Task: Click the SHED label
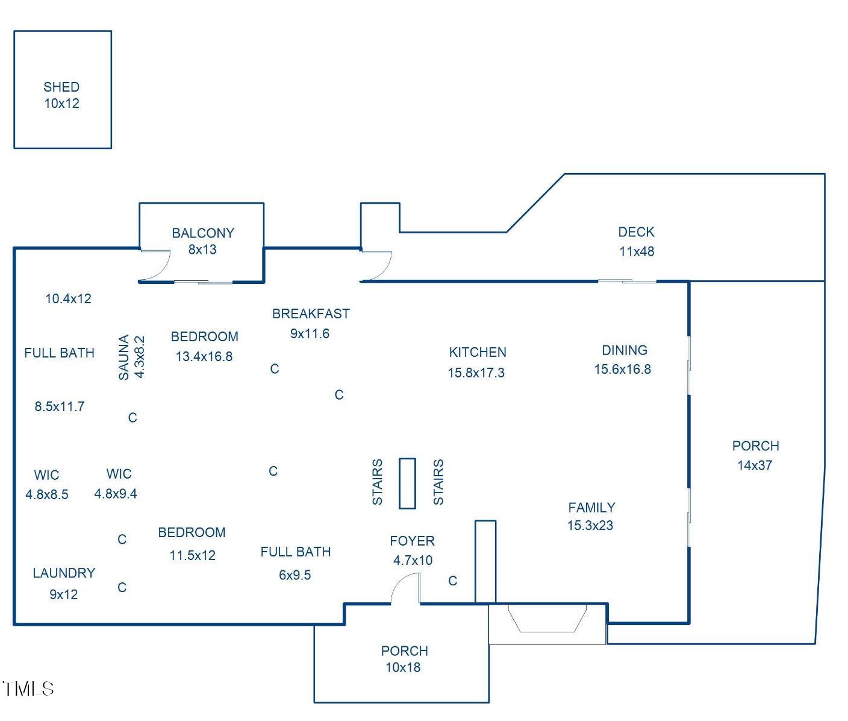(61, 87)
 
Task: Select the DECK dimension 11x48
(637, 251)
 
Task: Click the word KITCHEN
(478, 352)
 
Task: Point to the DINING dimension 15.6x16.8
(622, 370)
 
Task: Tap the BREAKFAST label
(310, 313)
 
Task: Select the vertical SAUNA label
(124, 357)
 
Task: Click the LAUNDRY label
(64, 573)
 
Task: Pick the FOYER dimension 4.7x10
(413, 560)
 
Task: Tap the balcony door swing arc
(157, 266)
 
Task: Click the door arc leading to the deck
(378, 266)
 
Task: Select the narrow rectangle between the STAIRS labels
(407, 483)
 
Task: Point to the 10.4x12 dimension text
(69, 298)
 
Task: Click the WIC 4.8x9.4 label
(116, 483)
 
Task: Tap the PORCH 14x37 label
(755, 455)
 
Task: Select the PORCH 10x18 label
(404, 659)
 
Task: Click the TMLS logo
(28, 688)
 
